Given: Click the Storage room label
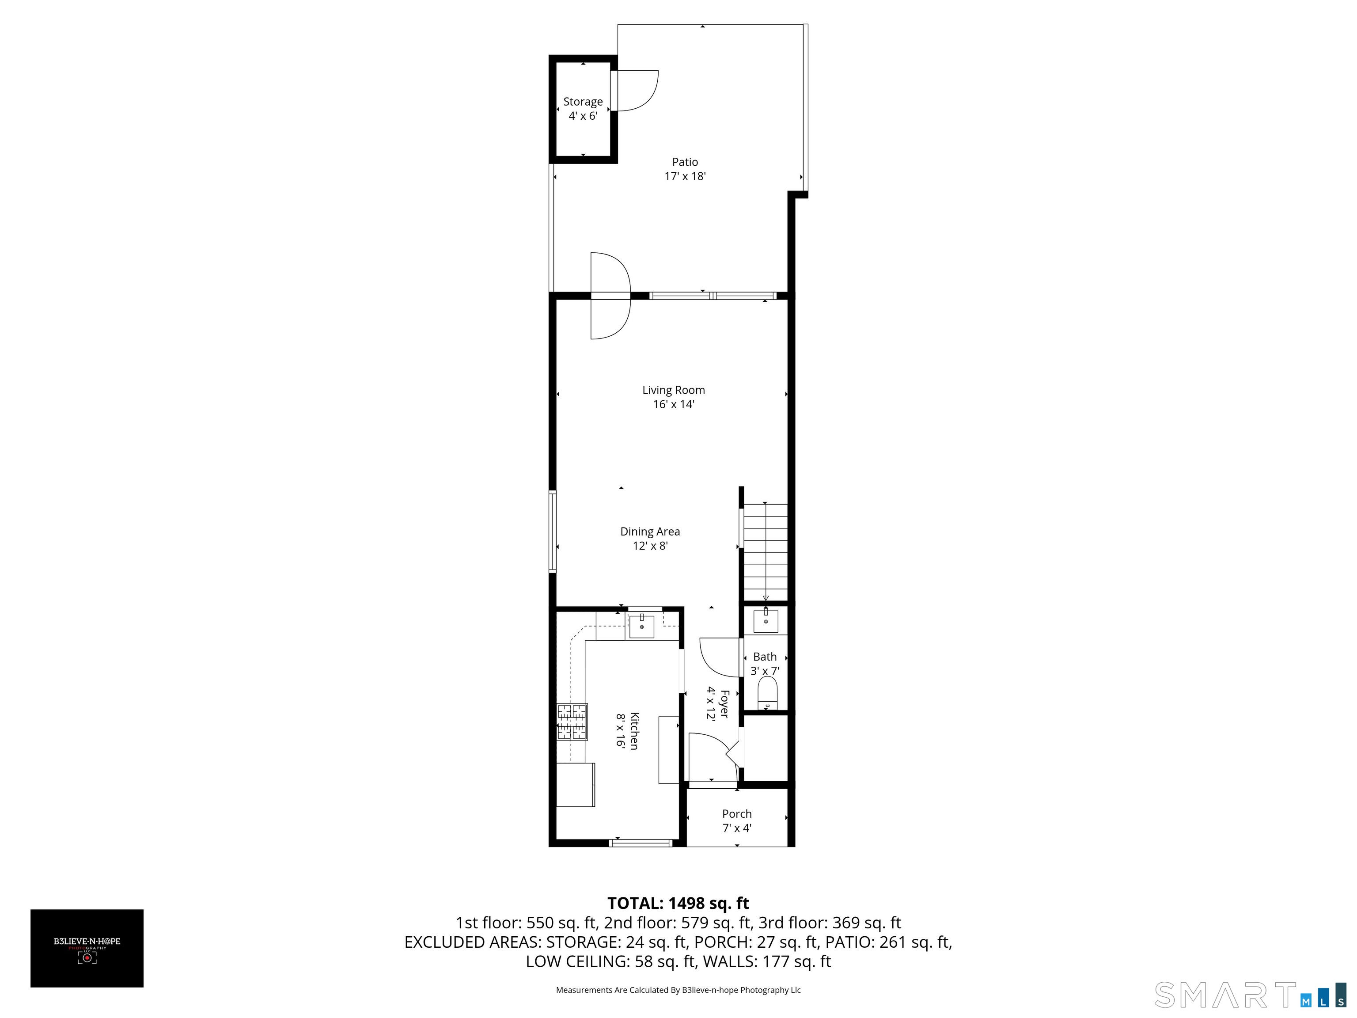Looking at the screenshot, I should pos(583,102).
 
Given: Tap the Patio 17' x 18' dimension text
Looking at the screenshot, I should pos(685,177).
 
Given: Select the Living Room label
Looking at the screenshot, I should pos(673,390).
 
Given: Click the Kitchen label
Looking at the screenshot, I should pos(635,731).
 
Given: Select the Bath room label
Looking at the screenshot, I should pos(764,657).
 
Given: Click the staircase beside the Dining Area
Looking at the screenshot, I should pos(765,552).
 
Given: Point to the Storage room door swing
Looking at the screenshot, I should pos(638,91).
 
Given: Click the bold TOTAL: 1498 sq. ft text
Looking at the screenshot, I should pos(678,903).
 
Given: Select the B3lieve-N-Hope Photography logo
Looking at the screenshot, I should pos(87,948).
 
